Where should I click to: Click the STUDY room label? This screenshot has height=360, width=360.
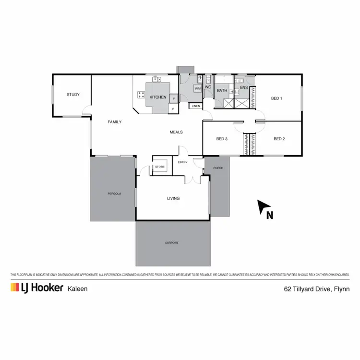click(73, 95)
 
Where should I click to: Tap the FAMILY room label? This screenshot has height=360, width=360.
click(114, 122)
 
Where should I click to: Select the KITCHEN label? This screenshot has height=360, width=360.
click(157, 97)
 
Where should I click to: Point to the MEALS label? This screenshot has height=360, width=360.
click(176, 132)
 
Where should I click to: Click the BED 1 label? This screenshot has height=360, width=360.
click(276, 98)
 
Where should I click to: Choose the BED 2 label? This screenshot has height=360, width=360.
click(279, 139)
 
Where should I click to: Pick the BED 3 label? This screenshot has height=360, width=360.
click(221, 139)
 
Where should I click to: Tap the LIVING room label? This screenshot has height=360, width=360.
click(173, 198)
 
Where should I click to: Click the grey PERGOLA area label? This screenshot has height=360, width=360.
click(114, 194)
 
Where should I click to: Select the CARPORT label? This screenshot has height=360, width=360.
click(171, 243)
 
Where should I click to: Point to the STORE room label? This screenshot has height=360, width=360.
click(160, 167)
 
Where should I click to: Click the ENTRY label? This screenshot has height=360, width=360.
click(183, 162)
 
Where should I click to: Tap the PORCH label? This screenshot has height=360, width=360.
click(218, 168)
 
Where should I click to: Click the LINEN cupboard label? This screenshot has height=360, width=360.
click(196, 106)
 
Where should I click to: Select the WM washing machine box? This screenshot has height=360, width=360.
click(198, 89)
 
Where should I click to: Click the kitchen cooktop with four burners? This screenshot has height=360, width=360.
click(142, 95)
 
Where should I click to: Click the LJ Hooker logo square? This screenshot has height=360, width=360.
click(14, 288)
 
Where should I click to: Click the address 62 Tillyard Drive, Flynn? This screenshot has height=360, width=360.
click(316, 289)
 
